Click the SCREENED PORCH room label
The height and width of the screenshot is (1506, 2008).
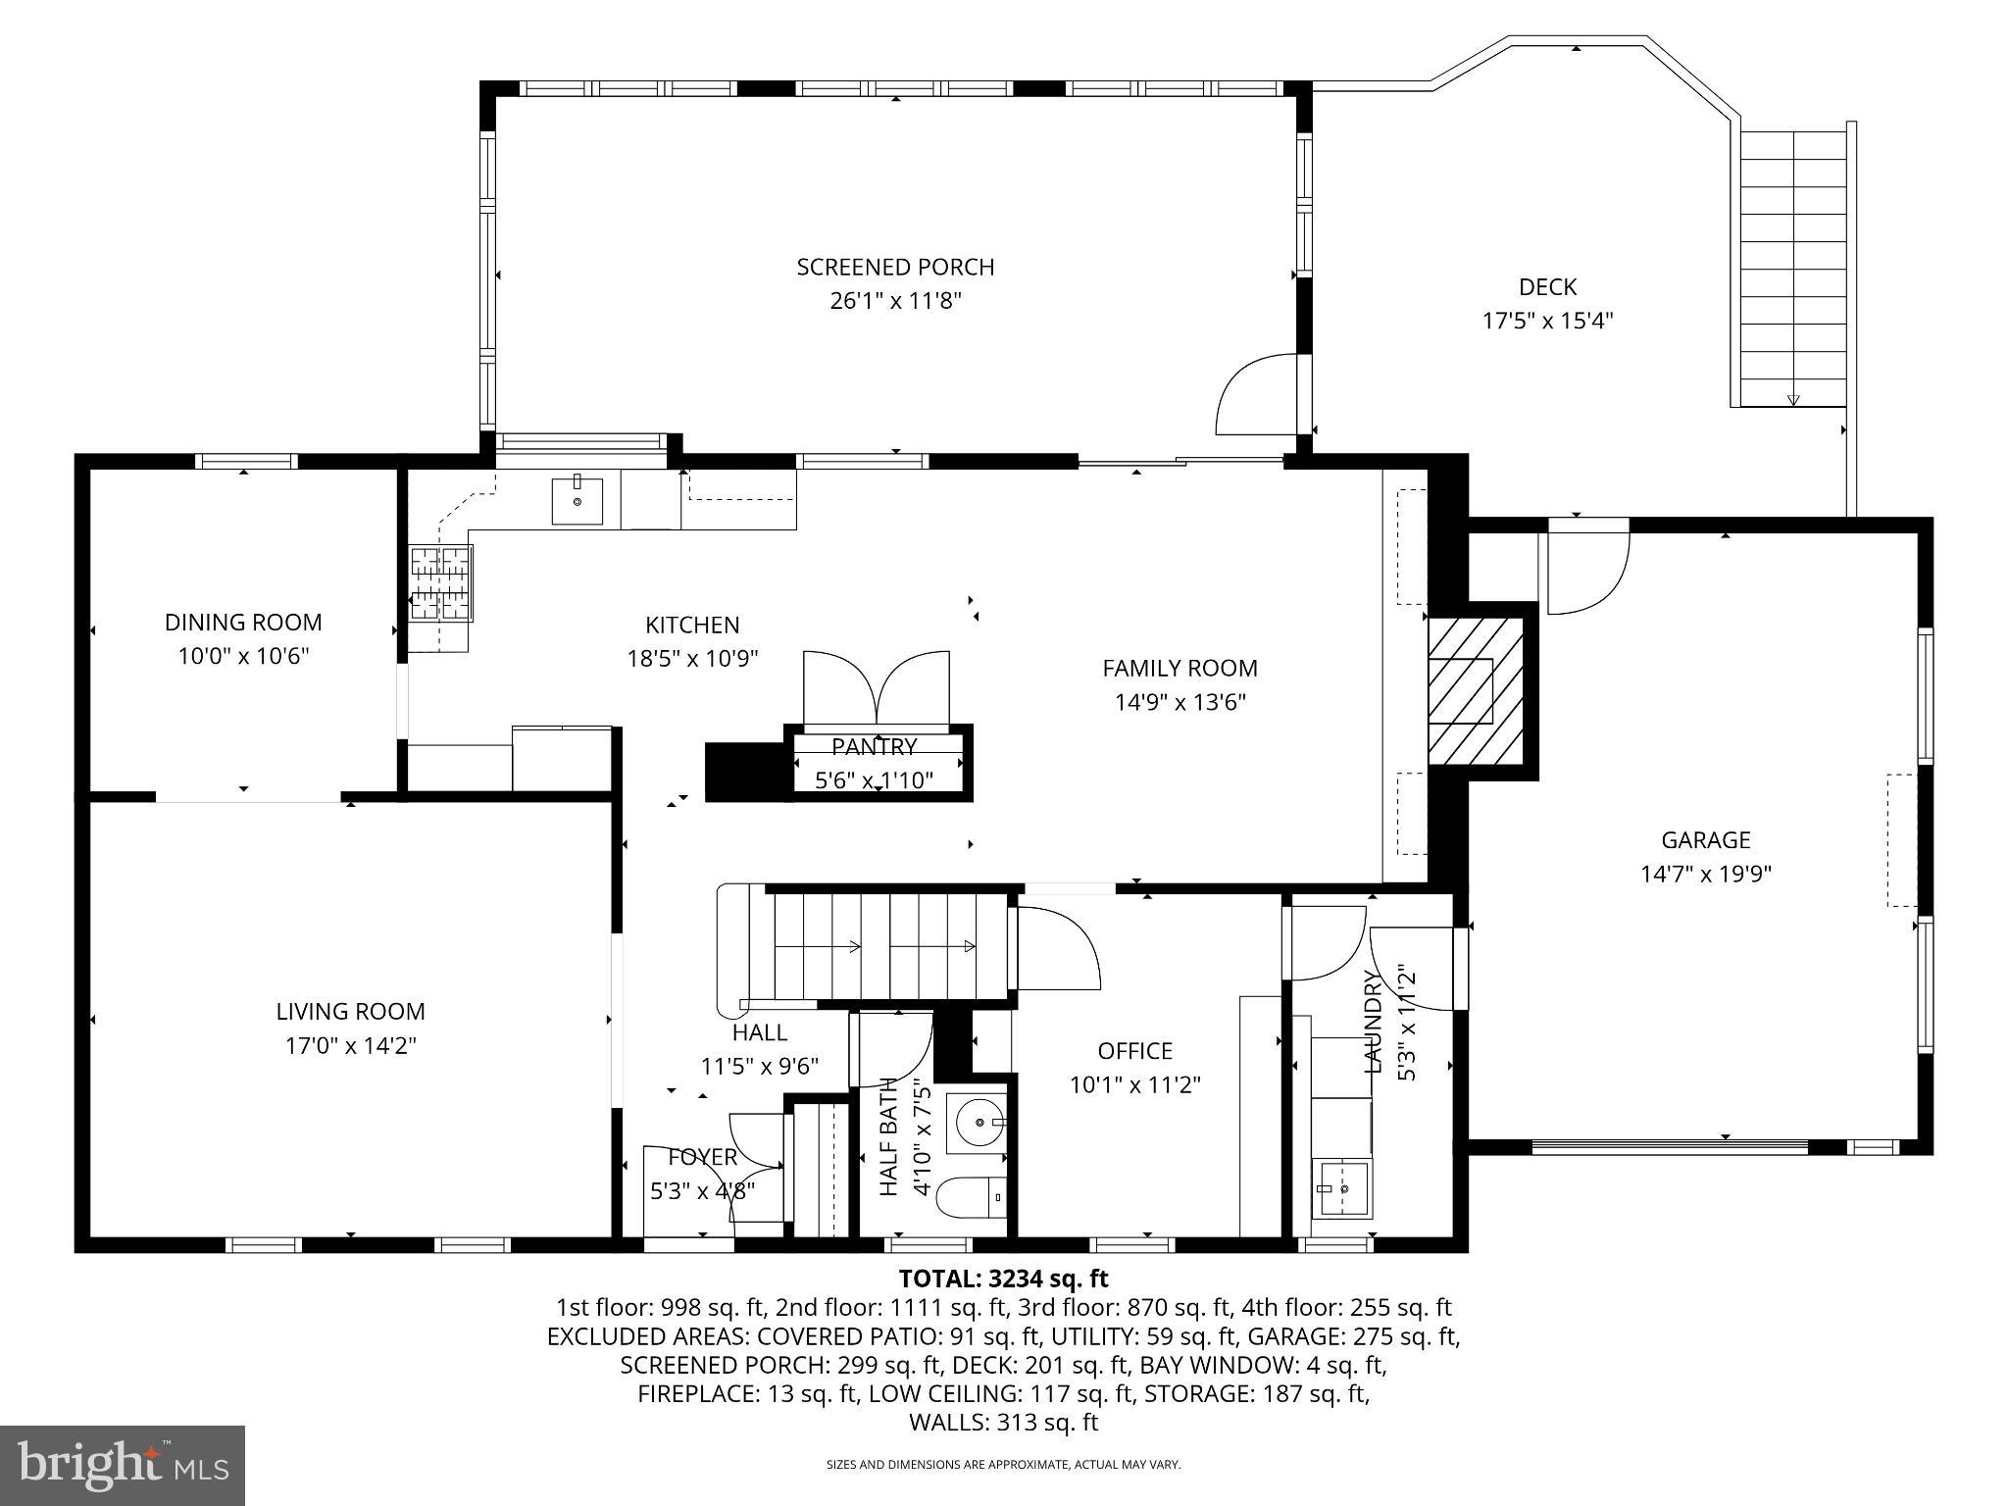pyautogui.click(x=894, y=267)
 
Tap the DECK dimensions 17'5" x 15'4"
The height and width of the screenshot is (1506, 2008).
pyautogui.click(x=1547, y=321)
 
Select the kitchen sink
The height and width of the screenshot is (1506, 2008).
pyautogui.click(x=577, y=500)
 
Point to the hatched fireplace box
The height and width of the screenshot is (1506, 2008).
pyautogui.click(x=1474, y=691)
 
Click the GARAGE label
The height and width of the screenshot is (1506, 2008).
pyautogui.click(x=1705, y=839)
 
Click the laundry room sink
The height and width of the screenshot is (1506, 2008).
pyautogui.click(x=1342, y=1187)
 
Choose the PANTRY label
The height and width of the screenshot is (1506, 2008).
pyautogui.click(x=874, y=747)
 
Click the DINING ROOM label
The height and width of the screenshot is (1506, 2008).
pyautogui.click(x=243, y=623)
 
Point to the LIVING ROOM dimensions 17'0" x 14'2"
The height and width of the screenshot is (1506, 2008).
pyautogui.click(x=351, y=1045)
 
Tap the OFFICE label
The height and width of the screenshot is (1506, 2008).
pyautogui.click(x=1134, y=1051)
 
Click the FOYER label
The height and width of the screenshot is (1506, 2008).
pyautogui.click(x=702, y=1157)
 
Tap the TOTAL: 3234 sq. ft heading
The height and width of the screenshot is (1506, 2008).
pyautogui.click(x=1003, y=1279)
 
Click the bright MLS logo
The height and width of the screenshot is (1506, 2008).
pyautogui.click(x=123, y=1465)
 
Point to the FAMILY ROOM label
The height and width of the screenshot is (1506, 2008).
pyautogui.click(x=1180, y=669)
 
